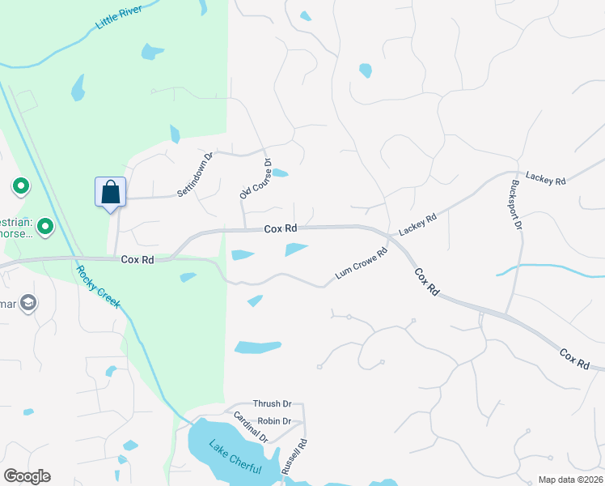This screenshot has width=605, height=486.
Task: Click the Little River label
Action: point(118,17)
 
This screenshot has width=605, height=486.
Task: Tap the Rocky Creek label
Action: point(99,287)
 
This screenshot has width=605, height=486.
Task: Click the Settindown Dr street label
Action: point(194,175)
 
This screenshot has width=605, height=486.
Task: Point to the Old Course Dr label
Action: point(256,179)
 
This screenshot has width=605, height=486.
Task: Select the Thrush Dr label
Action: point(271,403)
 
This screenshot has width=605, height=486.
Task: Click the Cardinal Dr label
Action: point(250,427)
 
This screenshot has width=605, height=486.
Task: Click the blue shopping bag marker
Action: point(110,193)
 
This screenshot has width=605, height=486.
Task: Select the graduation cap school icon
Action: point(28,303)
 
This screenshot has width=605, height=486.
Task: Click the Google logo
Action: point(27,476)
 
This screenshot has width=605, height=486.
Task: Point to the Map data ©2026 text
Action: point(569,480)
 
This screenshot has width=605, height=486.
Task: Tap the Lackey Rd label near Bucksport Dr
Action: point(545,179)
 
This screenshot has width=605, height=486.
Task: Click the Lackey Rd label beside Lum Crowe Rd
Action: point(417,224)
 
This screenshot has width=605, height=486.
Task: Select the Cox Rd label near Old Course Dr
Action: point(281,229)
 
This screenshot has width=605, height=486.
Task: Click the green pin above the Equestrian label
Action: point(21,188)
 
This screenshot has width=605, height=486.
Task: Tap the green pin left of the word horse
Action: point(45,227)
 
